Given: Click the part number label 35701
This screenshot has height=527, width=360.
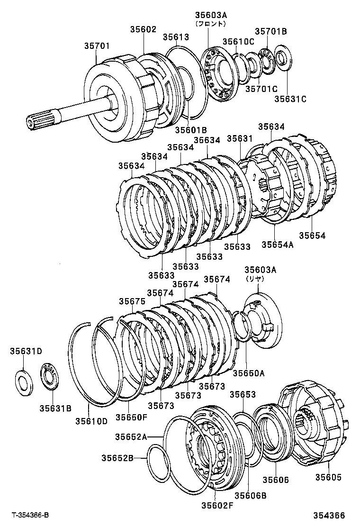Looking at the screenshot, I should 97,46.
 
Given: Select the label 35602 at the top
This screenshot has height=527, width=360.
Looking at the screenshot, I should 143,29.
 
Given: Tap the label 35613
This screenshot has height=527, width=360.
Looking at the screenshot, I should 176,37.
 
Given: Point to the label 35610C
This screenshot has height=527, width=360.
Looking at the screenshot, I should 239,41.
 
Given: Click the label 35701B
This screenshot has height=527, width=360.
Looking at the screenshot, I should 271,31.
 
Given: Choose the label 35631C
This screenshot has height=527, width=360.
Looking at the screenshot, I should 291,99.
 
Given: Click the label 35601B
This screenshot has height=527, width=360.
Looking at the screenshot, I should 191,129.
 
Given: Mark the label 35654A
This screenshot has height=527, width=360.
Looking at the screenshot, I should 278,245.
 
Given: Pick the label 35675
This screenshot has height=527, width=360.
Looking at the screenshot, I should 132,301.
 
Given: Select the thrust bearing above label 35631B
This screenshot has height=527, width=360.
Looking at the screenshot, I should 50,377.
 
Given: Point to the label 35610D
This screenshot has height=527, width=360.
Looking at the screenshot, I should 91,420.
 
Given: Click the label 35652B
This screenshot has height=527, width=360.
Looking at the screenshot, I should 117,457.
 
